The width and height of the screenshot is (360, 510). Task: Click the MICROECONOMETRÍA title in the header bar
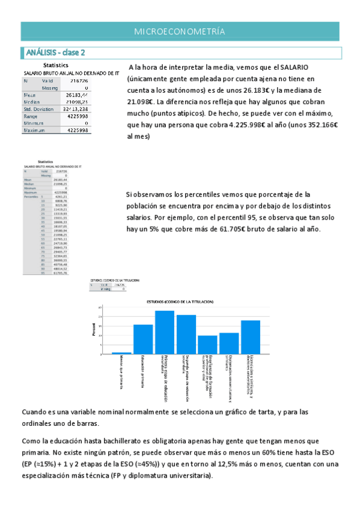click(180, 31)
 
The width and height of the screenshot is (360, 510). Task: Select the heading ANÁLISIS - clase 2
click(53, 52)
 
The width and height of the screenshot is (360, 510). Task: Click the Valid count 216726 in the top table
click(79, 81)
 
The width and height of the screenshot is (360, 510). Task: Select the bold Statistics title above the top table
click(55, 66)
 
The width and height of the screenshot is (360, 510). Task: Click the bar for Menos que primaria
click(121, 352)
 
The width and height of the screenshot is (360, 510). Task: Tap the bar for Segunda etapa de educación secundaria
click(186, 334)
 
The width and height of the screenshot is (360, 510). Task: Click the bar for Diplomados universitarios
click(229, 343)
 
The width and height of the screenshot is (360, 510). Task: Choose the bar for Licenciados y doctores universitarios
click(251, 337)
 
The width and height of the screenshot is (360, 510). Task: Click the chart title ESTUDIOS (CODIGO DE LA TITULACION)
click(180, 301)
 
